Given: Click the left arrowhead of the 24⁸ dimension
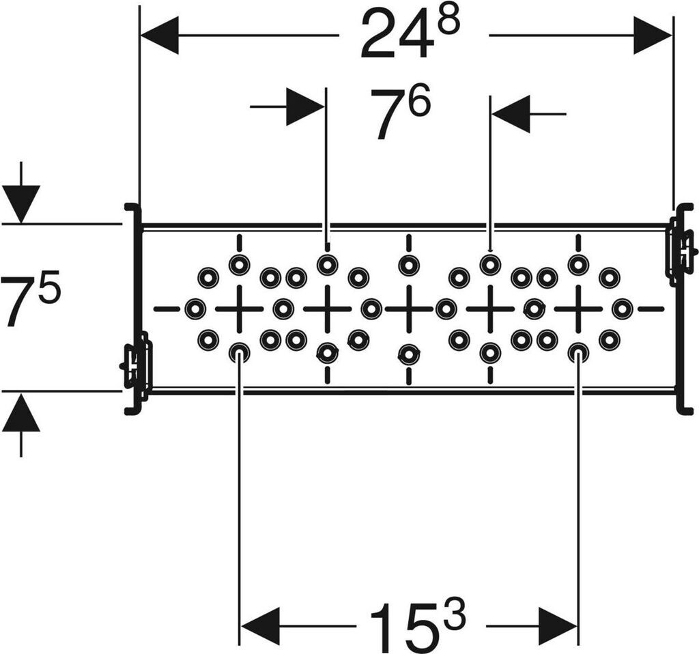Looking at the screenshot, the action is tap(159, 35).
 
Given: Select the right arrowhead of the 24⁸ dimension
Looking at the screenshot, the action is tap(653, 35).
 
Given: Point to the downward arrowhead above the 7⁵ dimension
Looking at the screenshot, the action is tap(21, 203).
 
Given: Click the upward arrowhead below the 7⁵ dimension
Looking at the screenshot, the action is tap(21, 412).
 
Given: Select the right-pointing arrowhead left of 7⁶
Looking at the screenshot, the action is tap(306, 107).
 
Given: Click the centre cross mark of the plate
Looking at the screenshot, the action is tap(408, 308).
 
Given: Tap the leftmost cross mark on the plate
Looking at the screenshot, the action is tap(239, 309).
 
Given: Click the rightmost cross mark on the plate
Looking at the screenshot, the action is tap(578, 309).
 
